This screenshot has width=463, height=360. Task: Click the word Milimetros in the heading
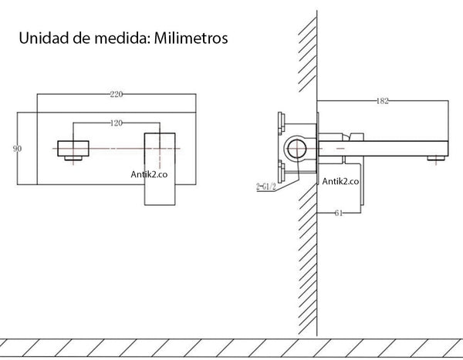click(188, 38)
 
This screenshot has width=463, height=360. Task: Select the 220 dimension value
click(117, 94)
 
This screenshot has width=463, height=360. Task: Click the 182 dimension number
click(383, 101)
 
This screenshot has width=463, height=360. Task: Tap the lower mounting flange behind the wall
click(280, 171)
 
